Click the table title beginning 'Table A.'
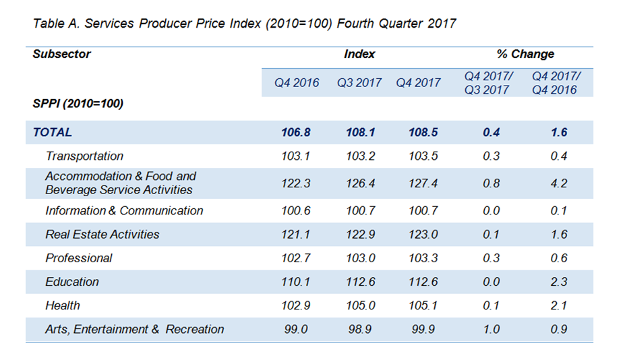tap(244, 24)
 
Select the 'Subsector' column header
tap(61, 54)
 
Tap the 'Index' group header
tap(359, 54)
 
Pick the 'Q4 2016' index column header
tap(296, 83)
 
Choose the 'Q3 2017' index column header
tap(359, 83)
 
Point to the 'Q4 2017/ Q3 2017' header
tap(487, 82)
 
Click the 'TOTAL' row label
tap(52, 132)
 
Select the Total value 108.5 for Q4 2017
tap(422, 132)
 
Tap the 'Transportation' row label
tap(84, 156)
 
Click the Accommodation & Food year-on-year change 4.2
tap(558, 183)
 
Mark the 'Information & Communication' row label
tap(124, 210)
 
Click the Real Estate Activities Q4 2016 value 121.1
tap(296, 234)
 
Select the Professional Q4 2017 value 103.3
tap(422, 258)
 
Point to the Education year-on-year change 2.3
tap(558, 282)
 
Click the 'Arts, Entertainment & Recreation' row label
tap(134, 329)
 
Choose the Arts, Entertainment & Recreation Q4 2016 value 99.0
tap(296, 329)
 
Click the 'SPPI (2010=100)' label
tap(78, 104)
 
